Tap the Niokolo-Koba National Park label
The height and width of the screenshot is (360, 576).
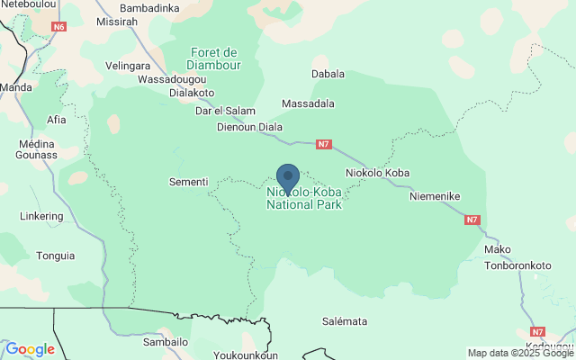tap(304, 199)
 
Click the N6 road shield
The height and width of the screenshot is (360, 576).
tap(58, 27)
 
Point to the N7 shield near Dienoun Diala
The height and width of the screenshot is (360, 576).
tap(325, 144)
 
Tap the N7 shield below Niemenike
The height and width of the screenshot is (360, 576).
tap(472, 220)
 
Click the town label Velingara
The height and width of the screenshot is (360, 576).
tap(128, 66)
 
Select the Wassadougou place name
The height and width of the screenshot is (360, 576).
tap(171, 79)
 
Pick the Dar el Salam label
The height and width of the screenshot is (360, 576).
tap(226, 111)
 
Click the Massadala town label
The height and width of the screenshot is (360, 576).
tap(308, 104)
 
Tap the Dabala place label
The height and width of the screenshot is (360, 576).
tap(328, 74)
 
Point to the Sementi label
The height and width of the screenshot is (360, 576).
tap(188, 182)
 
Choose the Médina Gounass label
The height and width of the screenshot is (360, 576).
tap(36, 149)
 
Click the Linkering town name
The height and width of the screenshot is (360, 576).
tap(41, 216)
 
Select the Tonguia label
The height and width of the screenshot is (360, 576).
tap(56, 256)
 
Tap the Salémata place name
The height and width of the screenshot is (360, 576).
tap(345, 321)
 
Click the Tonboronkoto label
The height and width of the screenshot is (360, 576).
tap(517, 265)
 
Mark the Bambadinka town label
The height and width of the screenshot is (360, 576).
tap(149, 8)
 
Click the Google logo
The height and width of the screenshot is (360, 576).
tap(30, 349)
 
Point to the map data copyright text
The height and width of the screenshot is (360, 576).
tap(520, 353)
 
